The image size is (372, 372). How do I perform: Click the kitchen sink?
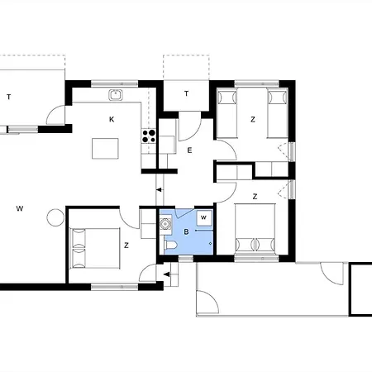(116, 95)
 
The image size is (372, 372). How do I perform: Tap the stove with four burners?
(149, 136)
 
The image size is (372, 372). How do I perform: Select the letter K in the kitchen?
(112, 119)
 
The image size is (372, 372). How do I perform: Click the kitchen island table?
(105, 149)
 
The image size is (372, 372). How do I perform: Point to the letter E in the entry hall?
(189, 150)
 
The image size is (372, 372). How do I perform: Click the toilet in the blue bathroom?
(170, 245)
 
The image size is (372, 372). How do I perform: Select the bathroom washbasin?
(165, 224)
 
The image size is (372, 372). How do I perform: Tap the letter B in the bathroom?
(186, 232)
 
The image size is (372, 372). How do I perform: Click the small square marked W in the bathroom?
(204, 217)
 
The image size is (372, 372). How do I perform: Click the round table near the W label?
(55, 217)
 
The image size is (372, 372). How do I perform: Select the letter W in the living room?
(20, 208)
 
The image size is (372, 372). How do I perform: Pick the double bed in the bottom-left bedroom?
(94, 248)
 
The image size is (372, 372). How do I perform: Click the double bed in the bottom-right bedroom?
(255, 227)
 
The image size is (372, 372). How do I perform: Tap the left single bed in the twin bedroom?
(227, 113)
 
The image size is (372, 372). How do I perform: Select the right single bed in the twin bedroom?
(278, 113)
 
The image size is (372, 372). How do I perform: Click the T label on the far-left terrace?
(9, 97)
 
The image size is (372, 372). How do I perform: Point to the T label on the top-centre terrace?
(187, 93)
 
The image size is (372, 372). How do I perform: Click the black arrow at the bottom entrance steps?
(167, 274)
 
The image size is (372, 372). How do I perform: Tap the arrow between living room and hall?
(160, 190)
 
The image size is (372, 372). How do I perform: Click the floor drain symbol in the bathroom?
(211, 243)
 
